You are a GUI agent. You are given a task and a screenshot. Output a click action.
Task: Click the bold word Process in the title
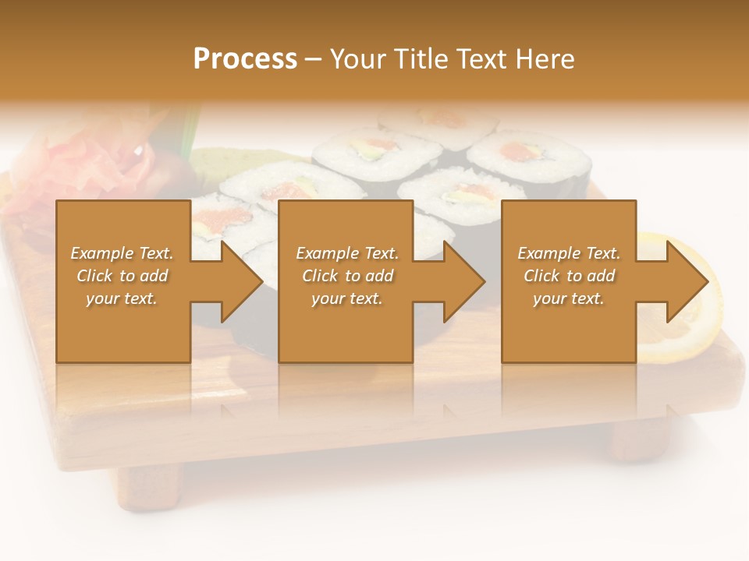pyautogui.click(x=245, y=59)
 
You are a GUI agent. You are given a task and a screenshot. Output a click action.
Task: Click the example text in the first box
pyautogui.click(x=122, y=276)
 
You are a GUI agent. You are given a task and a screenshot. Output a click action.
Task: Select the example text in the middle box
pyautogui.click(x=347, y=276)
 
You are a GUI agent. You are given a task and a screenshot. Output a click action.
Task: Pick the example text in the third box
pyautogui.click(x=569, y=276)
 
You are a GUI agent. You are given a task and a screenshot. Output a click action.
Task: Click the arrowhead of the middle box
pyautogui.click(x=463, y=281)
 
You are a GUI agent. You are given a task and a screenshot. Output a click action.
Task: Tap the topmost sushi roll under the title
pyautogui.click(x=437, y=121)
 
